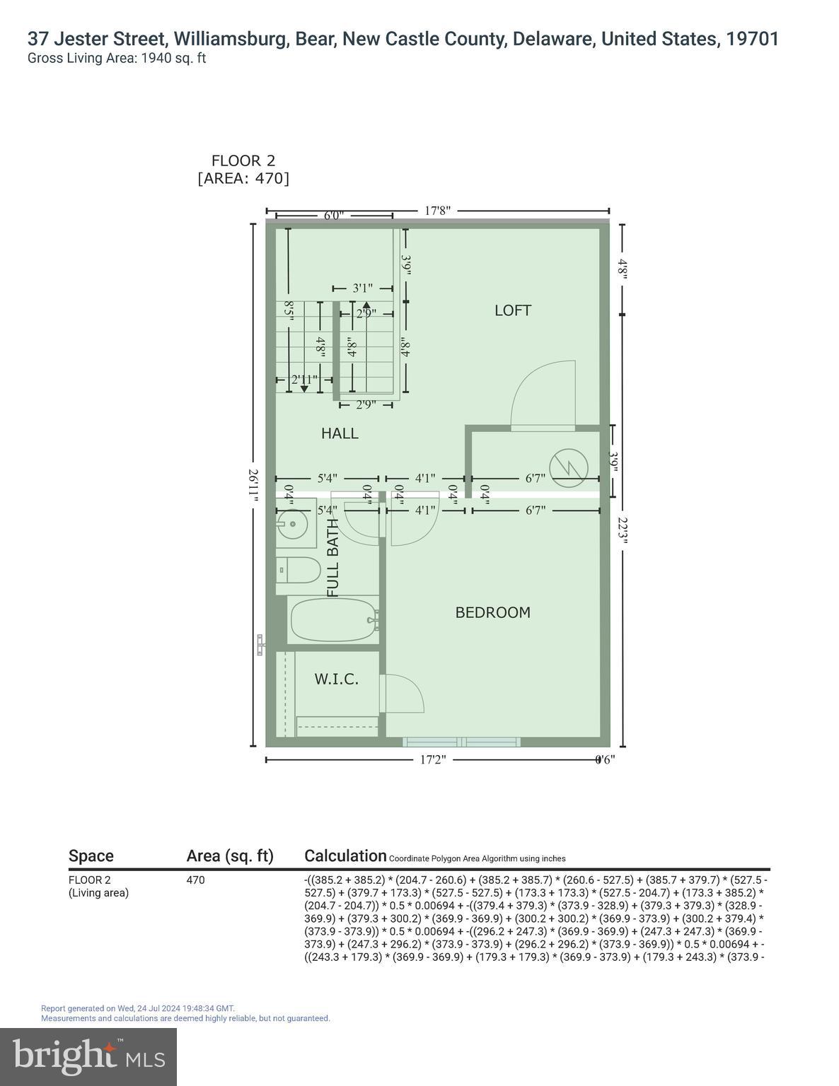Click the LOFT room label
512,310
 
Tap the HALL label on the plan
340,433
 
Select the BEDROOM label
492,612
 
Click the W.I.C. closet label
336,679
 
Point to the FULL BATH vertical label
333,558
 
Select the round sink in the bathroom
291,525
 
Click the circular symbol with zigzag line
569,467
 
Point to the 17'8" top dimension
437,210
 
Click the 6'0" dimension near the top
334,215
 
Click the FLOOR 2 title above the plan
243,161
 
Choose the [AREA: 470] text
243,178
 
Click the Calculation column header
345,856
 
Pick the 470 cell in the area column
195,880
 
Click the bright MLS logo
88,1057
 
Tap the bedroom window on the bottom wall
462,742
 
